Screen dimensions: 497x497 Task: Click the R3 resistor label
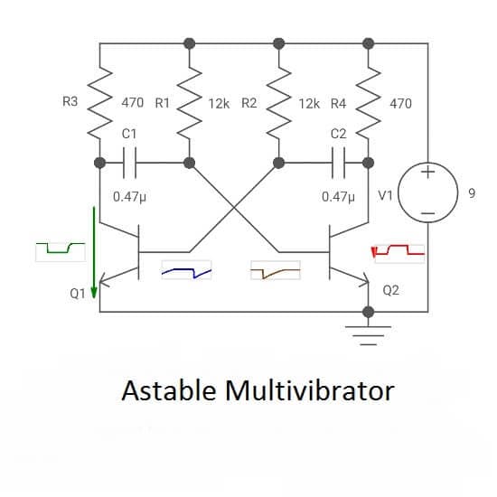(70, 102)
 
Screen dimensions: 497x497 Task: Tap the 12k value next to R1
(219, 104)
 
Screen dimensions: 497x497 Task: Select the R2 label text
(249, 103)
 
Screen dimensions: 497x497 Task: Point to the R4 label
(338, 104)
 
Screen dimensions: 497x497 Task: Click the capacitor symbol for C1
(129, 163)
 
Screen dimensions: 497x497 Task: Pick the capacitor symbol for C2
(338, 163)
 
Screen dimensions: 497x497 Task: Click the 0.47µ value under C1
(129, 197)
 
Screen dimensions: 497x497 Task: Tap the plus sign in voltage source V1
(428, 173)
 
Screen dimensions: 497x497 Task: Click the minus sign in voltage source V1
(428, 213)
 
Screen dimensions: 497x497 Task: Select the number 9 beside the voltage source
(472, 193)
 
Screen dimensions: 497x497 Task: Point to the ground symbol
(368, 335)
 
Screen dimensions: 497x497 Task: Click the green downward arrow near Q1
(94, 253)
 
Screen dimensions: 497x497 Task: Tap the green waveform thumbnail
(61, 252)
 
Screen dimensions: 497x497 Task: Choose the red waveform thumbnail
(398, 253)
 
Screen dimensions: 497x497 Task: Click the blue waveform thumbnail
(186, 270)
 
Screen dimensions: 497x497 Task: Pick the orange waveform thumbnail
(276, 270)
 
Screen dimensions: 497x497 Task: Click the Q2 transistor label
(390, 290)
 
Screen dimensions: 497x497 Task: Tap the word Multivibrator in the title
(310, 390)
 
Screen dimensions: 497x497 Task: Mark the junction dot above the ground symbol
(368, 312)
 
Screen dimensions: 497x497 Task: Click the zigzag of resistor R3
(99, 103)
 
